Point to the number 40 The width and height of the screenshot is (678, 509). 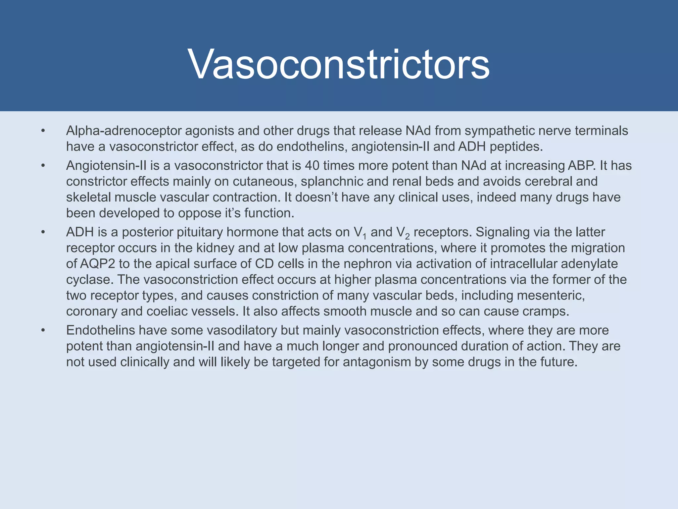312,165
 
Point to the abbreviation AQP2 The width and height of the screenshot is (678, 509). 97,264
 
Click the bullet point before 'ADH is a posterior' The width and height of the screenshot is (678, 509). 43,232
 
